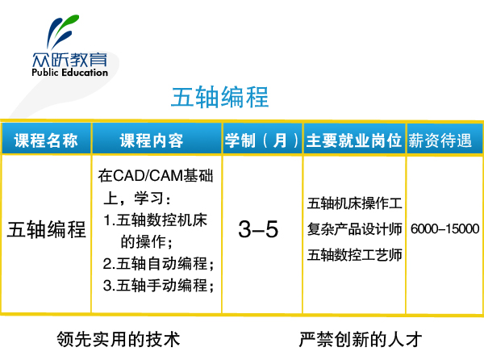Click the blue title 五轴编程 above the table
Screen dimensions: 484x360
[219, 97]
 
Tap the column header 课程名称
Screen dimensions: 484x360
[46, 140]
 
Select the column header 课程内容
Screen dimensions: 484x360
[152, 140]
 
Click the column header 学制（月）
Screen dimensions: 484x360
[262, 140]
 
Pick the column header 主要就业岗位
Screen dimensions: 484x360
[354, 140]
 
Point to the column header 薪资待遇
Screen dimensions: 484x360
[440, 140]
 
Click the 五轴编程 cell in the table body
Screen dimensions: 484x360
[46, 229]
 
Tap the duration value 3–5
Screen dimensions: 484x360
[258, 229]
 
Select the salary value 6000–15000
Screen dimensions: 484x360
[444, 228]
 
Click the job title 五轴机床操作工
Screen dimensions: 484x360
[355, 203]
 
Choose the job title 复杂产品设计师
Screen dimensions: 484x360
[355, 229]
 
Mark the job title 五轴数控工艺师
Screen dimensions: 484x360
[355, 255]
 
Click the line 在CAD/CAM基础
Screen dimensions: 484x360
[156, 176]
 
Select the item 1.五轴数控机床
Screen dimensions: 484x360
[155, 220]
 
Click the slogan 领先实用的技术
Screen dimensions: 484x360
[119, 339]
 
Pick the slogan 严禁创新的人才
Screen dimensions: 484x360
[361, 339]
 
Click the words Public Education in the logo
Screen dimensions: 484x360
[69, 73]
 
